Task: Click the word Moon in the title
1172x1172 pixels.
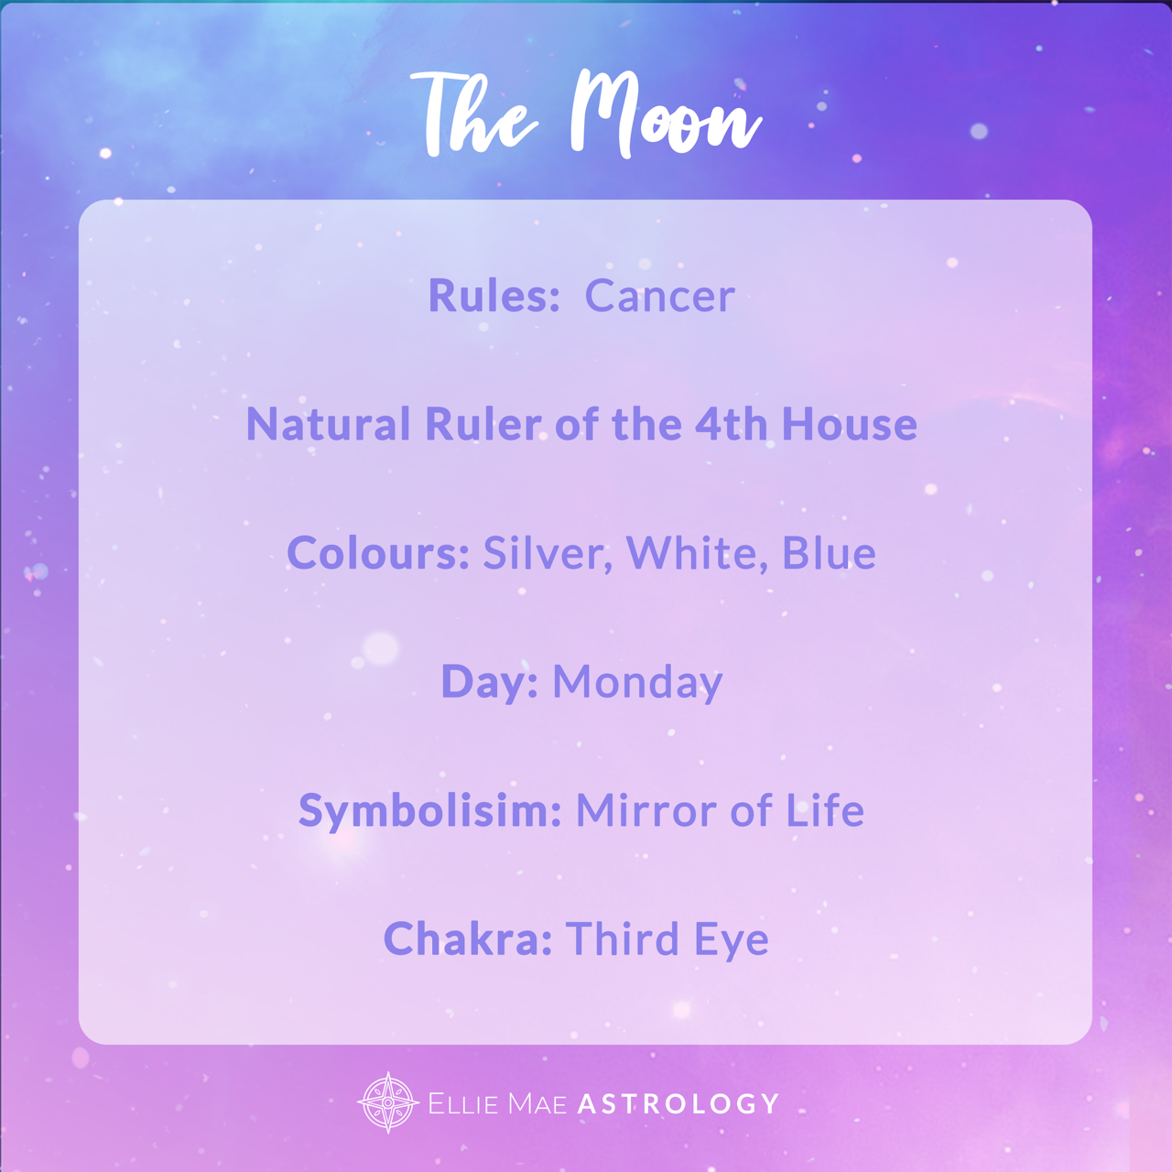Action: pyautogui.click(x=666, y=114)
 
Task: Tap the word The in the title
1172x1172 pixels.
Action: pyautogui.click(x=473, y=114)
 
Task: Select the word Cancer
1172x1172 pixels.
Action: pyautogui.click(x=660, y=296)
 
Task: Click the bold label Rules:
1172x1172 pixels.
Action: pyautogui.click(x=494, y=296)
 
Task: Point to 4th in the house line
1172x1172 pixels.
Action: pyautogui.click(x=732, y=424)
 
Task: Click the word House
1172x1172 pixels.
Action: pyautogui.click(x=850, y=424)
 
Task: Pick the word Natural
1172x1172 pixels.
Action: pyautogui.click(x=329, y=424)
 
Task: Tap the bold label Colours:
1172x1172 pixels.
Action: pyautogui.click(x=377, y=553)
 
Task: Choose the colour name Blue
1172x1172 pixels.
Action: pyautogui.click(x=829, y=553)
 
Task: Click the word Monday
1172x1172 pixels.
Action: pyautogui.click(x=637, y=682)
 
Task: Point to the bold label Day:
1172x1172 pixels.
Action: pyautogui.click(x=490, y=682)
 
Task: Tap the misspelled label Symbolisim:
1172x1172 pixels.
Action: pyautogui.click(x=430, y=810)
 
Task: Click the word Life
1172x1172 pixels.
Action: pyautogui.click(x=825, y=810)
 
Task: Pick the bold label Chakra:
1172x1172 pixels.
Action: pyautogui.click(x=468, y=939)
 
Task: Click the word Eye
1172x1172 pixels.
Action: pyautogui.click(x=732, y=939)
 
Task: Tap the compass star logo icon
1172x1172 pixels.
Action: pyautogui.click(x=388, y=1102)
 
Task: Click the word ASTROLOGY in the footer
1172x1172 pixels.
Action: pyautogui.click(x=678, y=1103)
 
